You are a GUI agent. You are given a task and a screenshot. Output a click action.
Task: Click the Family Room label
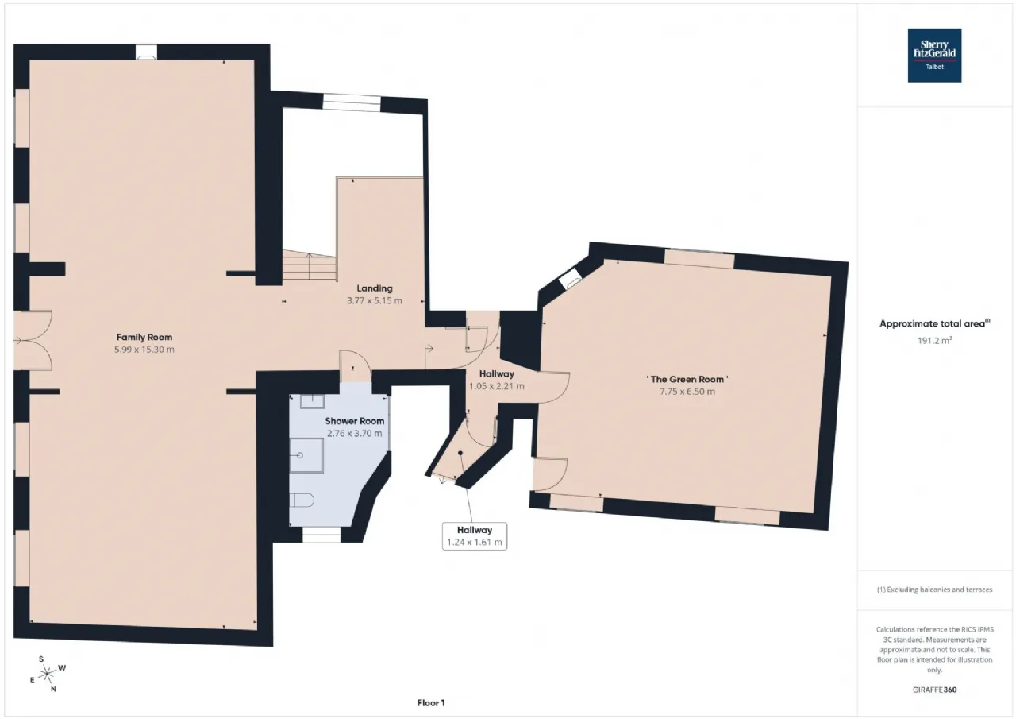tap(144, 338)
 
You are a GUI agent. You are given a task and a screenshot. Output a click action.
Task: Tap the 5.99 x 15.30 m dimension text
tap(144, 350)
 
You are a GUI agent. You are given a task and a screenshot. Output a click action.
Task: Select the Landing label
tap(374, 288)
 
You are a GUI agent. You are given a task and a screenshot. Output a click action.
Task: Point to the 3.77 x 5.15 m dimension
tap(374, 300)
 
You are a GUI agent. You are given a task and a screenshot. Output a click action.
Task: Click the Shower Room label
tap(354, 421)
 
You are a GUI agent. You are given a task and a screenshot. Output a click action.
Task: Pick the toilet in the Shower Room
tap(302, 501)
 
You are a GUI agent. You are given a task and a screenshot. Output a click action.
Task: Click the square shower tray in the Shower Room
tap(306, 455)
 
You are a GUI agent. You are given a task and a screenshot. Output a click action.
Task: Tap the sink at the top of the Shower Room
tap(313, 401)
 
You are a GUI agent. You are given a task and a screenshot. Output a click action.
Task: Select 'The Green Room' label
tap(687, 380)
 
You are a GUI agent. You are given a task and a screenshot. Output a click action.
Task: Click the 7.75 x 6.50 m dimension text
tap(687, 392)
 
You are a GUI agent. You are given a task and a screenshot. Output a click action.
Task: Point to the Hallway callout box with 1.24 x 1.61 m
tap(475, 536)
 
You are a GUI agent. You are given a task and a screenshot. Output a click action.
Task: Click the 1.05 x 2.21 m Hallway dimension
tap(497, 386)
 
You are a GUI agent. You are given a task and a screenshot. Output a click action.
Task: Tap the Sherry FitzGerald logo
tap(934, 56)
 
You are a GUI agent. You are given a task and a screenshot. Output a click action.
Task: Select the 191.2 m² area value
tap(934, 341)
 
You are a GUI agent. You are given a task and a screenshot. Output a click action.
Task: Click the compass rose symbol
tap(47, 674)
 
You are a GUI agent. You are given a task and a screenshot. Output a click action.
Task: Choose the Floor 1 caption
tap(431, 702)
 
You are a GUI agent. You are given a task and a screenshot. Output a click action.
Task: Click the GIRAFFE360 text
tap(934, 690)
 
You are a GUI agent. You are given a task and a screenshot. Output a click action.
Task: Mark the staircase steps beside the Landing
tap(310, 265)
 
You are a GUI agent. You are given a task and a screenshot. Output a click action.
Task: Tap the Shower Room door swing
tap(355, 365)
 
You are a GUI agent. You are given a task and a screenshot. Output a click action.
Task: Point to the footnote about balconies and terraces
tap(934, 590)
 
